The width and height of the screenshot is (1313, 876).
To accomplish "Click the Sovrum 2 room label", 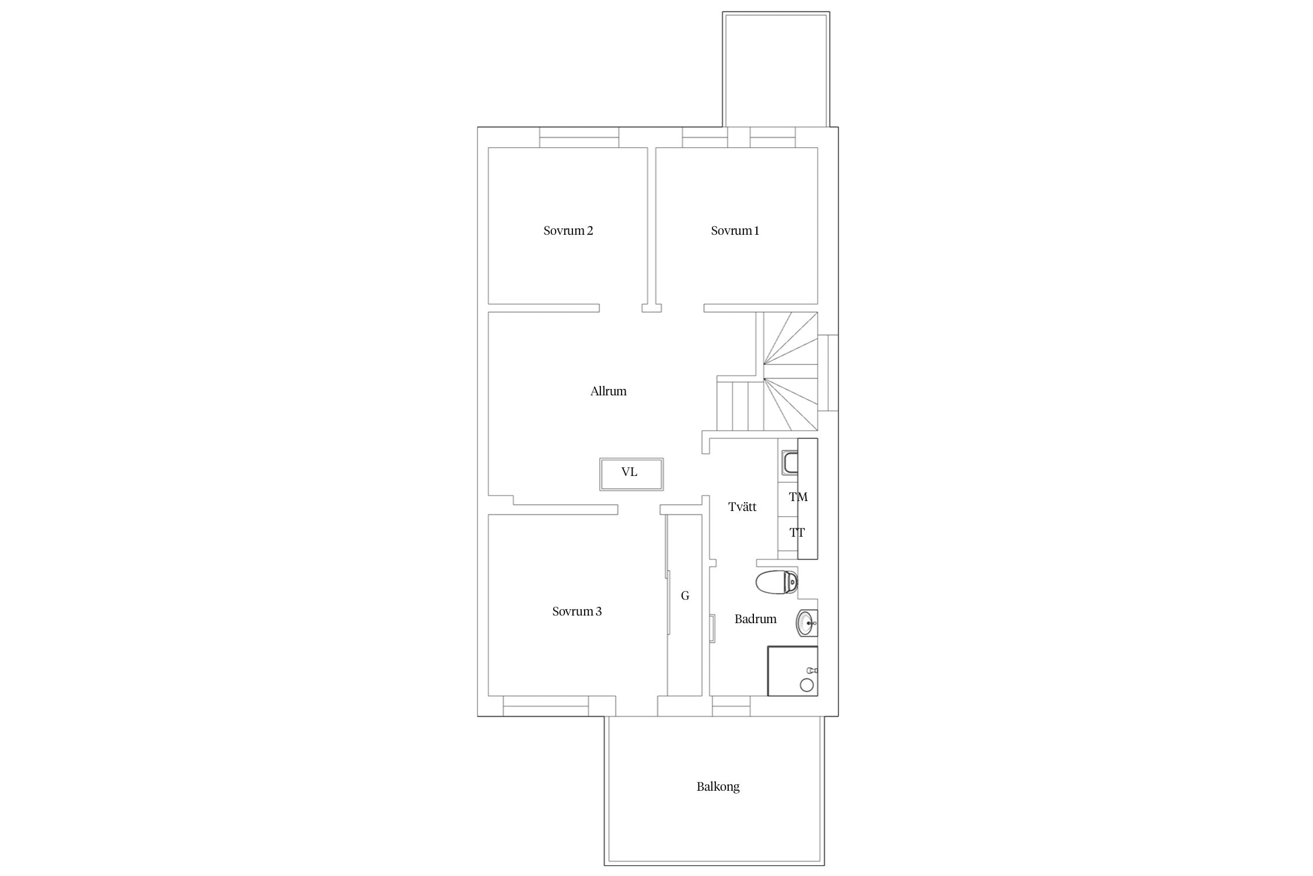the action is [568, 231].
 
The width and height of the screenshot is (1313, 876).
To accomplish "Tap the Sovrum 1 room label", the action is [735, 231].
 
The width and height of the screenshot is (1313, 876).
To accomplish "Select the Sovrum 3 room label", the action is [577, 611].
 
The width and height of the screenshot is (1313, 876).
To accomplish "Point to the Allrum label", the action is [608, 391].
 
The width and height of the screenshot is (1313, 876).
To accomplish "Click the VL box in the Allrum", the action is [631, 474].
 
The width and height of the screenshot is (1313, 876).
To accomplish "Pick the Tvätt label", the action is [742, 507].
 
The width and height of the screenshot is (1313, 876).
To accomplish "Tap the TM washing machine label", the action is [798, 497].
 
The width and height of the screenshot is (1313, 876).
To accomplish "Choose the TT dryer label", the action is [797, 533].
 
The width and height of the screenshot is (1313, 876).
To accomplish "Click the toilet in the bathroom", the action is [777, 582].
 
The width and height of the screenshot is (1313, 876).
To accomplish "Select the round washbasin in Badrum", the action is [806, 623].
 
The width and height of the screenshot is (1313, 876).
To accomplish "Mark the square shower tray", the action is [792, 671].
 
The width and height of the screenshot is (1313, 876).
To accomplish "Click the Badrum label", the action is [755, 619].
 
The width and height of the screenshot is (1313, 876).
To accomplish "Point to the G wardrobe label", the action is [685, 596].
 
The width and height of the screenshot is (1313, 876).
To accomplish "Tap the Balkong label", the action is [718, 787].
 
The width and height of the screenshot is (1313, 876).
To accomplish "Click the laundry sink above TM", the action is [790, 463].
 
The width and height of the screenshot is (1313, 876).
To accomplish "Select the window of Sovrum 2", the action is [579, 137].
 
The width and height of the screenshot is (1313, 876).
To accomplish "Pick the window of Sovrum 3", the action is [546, 706].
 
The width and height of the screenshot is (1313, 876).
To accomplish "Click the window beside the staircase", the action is [828, 373].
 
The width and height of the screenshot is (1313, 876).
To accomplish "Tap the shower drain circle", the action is [807, 685].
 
